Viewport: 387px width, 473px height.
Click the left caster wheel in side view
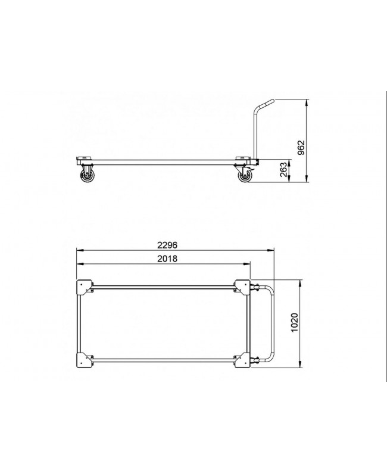(87, 176)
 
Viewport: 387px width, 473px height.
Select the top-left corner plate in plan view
(85, 287)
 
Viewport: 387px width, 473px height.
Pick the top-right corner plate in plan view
(243, 287)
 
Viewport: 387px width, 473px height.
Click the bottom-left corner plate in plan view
(85, 360)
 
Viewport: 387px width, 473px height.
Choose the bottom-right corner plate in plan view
(243, 360)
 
